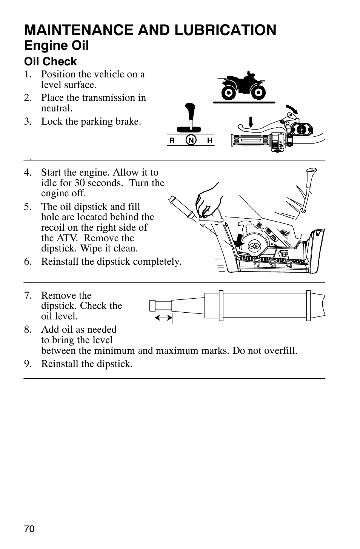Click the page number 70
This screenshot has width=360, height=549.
click(x=29, y=529)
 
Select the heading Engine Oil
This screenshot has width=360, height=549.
click(x=56, y=46)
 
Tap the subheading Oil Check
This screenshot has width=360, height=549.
click(x=50, y=62)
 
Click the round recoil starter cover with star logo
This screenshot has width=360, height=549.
click(x=254, y=245)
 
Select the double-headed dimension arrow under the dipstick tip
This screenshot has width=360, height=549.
click(x=163, y=318)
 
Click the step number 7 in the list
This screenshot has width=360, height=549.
click(x=27, y=295)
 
